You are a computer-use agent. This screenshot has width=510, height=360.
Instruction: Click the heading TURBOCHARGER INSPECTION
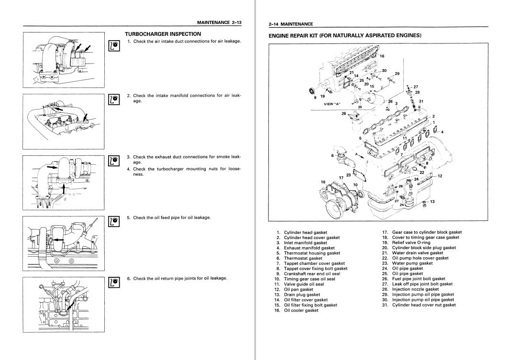(x=163, y=34)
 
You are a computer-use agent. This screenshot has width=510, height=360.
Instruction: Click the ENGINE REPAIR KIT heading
(x=345, y=35)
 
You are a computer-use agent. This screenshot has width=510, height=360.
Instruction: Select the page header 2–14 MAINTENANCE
(x=291, y=24)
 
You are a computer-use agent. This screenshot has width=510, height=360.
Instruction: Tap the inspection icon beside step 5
(x=113, y=220)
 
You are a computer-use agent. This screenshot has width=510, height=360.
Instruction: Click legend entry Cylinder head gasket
(x=305, y=232)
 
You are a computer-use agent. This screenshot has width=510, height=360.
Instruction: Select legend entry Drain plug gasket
(x=301, y=295)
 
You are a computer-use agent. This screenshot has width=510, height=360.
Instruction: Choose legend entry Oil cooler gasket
(x=301, y=310)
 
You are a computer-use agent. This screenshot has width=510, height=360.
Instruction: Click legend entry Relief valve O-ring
(x=411, y=242)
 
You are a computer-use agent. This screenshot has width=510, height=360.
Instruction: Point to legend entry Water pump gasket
(x=412, y=263)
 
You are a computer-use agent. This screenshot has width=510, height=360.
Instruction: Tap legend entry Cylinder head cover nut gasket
(x=424, y=305)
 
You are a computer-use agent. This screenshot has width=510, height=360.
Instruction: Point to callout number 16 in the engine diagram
(x=382, y=56)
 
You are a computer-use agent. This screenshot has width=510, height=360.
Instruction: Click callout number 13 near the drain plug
(x=432, y=201)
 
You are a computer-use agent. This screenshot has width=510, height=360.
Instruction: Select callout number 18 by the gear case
(x=323, y=182)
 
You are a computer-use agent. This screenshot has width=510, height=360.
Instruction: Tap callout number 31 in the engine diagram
(x=421, y=101)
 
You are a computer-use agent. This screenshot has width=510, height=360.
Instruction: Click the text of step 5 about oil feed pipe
(x=172, y=218)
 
